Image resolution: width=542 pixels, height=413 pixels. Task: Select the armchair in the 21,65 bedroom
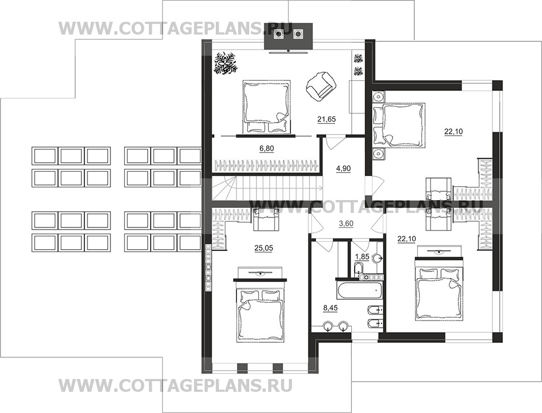[x=322, y=87]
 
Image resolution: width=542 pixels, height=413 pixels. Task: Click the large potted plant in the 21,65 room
[x=227, y=63]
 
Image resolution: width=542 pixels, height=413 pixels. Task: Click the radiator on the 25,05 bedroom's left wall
[x=208, y=268]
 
